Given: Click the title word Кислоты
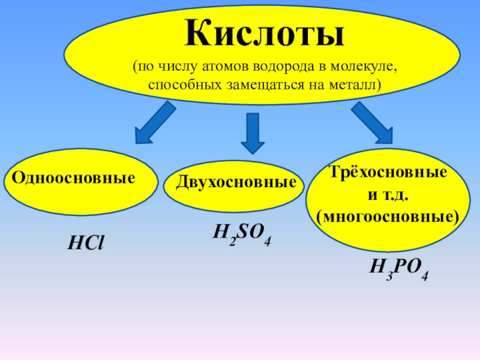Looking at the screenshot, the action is (x=265, y=33).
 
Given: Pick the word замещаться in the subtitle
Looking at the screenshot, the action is (x=265, y=85).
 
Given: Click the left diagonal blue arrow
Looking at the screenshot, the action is (x=155, y=123).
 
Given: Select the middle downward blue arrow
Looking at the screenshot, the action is (x=253, y=133).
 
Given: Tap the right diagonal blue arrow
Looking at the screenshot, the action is (x=373, y=122).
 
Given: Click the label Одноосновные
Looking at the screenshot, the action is (x=73, y=178).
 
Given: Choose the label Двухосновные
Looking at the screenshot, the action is (x=236, y=182).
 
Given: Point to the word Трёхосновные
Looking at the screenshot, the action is (x=388, y=172).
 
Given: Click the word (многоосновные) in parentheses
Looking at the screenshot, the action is (x=388, y=217).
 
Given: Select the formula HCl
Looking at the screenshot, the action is (x=86, y=244).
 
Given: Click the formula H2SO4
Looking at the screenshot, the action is (x=242, y=234).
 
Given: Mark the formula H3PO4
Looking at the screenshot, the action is (x=398, y=269).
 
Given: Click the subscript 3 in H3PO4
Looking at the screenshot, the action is (x=389, y=276).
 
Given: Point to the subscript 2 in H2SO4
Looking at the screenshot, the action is (x=233, y=242).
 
